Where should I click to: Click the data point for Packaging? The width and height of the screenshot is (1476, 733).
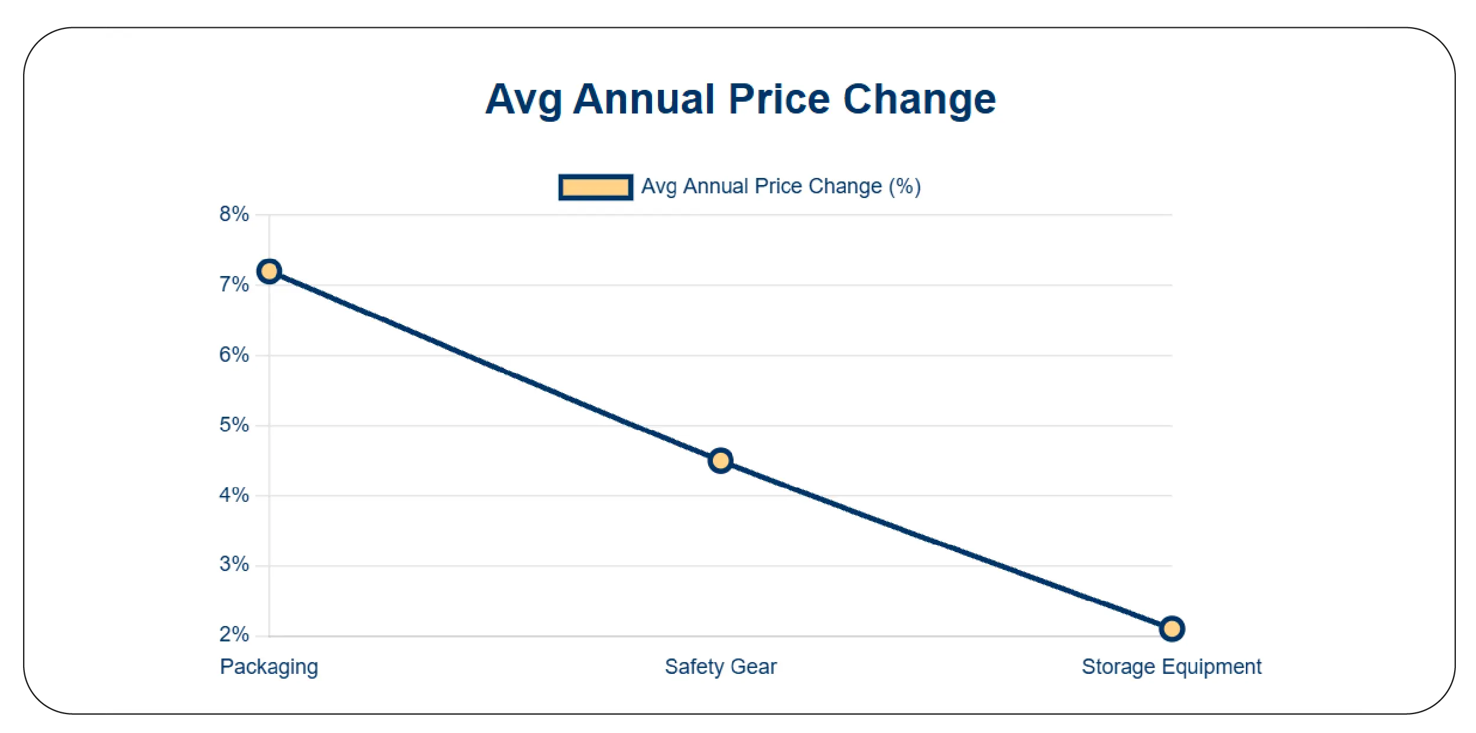point(269,271)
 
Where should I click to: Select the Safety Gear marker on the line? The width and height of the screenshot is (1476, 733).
point(721,460)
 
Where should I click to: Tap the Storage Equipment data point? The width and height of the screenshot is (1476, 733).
point(1172,628)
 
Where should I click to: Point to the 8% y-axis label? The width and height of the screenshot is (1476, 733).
point(234,214)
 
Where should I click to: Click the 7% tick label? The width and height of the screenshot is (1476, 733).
point(234,285)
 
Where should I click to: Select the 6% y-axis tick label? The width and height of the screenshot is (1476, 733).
point(234,355)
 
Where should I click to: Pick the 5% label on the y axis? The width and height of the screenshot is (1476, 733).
point(234,425)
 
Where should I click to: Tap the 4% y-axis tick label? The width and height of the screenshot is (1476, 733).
point(234,495)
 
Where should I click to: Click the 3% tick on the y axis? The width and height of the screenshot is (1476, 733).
point(234,565)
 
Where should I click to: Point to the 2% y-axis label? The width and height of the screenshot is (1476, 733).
point(234,635)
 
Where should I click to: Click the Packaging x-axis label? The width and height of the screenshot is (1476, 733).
point(269,667)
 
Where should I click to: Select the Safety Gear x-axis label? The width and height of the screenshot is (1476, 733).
point(721,667)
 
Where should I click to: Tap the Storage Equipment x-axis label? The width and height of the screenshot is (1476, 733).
point(1171,667)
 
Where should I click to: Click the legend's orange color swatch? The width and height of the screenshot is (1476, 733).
point(595,187)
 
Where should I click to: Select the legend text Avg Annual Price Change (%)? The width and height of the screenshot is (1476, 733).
point(781,187)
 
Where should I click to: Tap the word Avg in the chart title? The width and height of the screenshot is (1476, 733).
point(523,100)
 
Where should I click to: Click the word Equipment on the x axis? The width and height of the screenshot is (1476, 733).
point(1211,667)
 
